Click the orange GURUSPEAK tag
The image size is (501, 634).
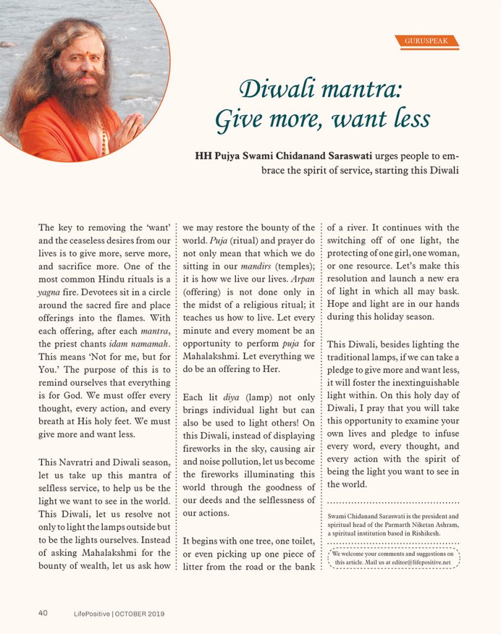point(427,41)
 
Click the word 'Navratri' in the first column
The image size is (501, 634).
point(84,462)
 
